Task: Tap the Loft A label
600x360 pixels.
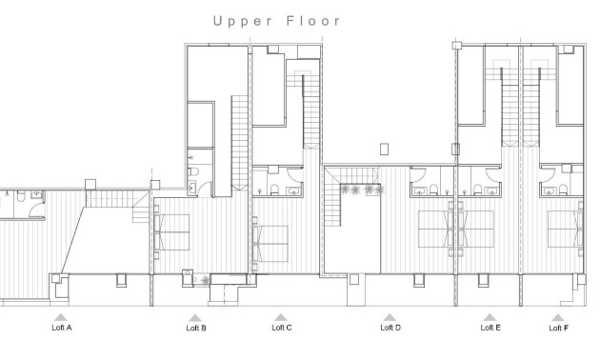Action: [61, 328]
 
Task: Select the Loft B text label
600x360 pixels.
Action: [196, 328]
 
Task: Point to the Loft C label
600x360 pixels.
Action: [281, 328]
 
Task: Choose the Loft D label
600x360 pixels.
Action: [390, 328]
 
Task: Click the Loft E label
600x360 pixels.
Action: [490, 328]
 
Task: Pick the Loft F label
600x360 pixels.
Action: [558, 328]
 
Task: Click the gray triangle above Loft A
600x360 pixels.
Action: [60, 317]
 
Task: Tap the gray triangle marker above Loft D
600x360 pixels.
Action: [390, 317]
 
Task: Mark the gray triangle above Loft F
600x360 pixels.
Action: [558, 317]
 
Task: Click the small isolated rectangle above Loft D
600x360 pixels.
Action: [385, 149]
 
